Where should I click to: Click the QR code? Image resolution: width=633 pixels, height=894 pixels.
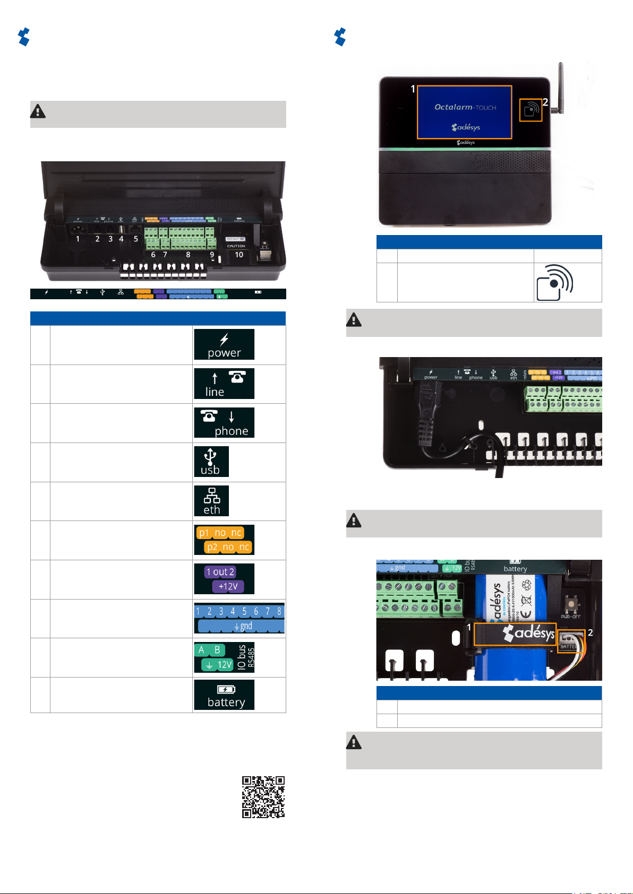263,797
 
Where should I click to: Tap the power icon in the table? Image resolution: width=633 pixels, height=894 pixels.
224,344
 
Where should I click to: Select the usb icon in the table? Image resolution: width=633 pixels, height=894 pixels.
211,461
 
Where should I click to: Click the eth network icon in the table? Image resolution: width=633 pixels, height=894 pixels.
211,500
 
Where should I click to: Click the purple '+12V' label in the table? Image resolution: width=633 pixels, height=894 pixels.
228,586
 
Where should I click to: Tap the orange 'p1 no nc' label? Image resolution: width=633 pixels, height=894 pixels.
220,533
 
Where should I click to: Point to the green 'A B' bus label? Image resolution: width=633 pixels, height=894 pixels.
209,650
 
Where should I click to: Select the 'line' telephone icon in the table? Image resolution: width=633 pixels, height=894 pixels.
224,383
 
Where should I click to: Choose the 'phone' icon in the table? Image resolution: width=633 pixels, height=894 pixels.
224,422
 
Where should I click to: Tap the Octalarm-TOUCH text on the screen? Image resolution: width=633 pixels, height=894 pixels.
465,107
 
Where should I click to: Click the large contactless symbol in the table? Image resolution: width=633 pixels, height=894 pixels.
554,282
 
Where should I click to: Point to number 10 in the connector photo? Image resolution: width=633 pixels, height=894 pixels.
239,255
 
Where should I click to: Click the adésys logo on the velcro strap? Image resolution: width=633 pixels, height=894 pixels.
528,633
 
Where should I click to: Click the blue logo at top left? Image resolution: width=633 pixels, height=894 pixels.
24,37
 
